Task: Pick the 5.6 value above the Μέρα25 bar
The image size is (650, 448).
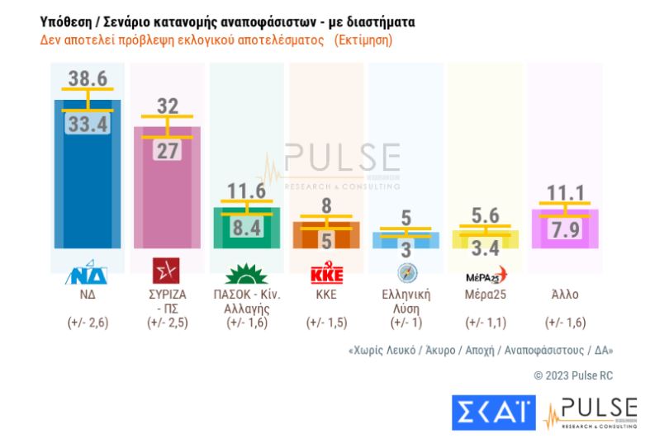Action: pos(486,214)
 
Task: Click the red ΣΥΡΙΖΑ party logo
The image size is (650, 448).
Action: pos(168,271)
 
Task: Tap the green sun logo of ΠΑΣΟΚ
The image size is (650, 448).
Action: pos(246,271)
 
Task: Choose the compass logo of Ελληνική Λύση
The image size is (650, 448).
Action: pos(406,272)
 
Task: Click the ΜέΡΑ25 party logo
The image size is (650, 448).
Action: pos(485,273)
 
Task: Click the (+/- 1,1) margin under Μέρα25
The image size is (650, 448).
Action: pos(485,323)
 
